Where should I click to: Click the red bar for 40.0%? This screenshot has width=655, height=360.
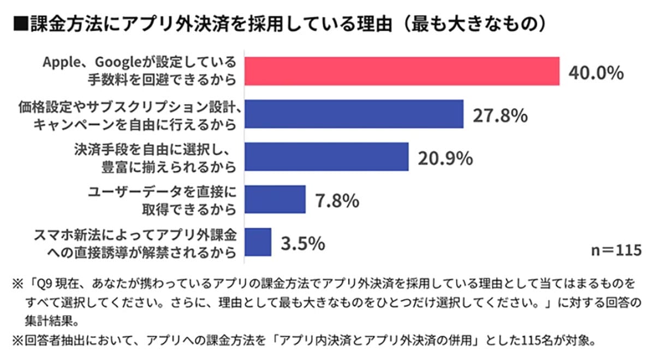click(x=401, y=71)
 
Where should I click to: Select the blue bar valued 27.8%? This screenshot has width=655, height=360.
click(x=353, y=114)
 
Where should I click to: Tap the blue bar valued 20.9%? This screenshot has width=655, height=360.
click(x=326, y=157)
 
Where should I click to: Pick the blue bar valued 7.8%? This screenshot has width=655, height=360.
click(x=274, y=199)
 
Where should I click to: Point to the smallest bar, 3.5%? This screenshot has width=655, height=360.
click(x=257, y=242)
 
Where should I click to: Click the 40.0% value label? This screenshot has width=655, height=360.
click(x=596, y=73)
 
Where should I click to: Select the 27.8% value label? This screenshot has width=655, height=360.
click(x=499, y=116)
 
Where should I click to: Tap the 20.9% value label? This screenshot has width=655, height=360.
click(x=445, y=158)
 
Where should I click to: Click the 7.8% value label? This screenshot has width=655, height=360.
click(x=337, y=201)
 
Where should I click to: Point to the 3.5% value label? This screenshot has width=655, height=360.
click(x=303, y=243)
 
